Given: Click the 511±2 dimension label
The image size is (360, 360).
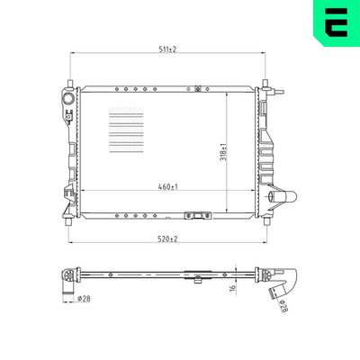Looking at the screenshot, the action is click(167, 49).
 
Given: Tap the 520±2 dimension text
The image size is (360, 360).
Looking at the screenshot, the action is click(168, 238).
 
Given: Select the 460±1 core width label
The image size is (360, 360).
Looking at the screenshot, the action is click(168, 186).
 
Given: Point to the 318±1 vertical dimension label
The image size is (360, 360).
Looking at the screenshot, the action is click(223, 153).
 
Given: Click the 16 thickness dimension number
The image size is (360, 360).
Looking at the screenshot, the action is click(233, 290).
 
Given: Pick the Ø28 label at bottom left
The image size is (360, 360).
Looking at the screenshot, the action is click(84, 299).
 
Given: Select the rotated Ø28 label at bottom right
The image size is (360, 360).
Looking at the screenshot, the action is click(283, 306).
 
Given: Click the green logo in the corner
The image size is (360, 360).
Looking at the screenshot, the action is click(337, 23).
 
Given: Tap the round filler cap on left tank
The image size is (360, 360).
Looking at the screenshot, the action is click(69, 98).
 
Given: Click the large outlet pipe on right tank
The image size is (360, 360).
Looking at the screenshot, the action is click(283, 197).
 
